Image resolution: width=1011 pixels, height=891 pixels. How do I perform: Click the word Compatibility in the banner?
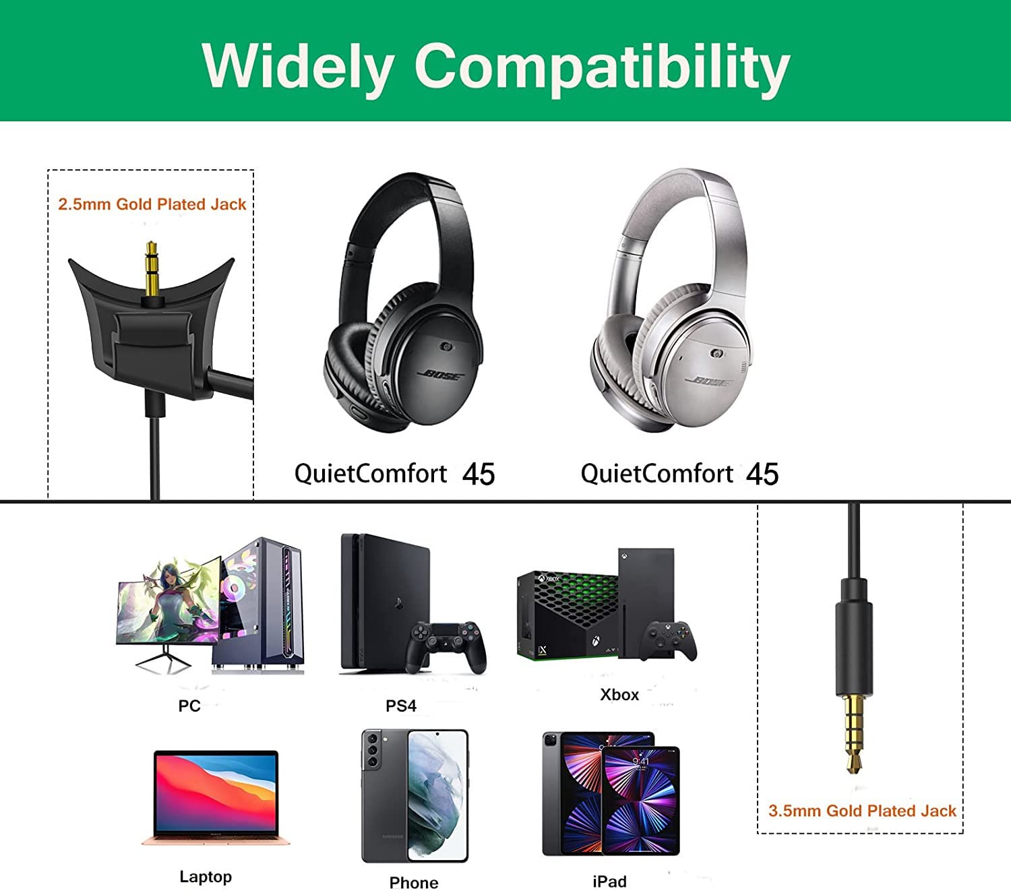tap(603, 68)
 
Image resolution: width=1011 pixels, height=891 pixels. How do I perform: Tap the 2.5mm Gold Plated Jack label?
tap(152, 204)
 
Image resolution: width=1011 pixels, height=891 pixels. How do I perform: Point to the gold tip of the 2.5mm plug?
tap(151, 245)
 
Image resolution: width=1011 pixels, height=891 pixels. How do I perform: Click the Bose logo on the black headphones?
tap(441, 375)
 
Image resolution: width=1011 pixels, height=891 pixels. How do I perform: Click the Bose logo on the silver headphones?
tap(710, 382)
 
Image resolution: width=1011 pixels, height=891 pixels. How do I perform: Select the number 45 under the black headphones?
tap(479, 474)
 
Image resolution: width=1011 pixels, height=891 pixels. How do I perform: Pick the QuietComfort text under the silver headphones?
tap(656, 473)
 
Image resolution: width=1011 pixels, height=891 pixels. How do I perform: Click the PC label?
tap(189, 706)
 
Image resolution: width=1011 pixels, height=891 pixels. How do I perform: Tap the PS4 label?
tap(401, 706)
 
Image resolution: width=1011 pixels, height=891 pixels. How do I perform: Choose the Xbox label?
tap(619, 695)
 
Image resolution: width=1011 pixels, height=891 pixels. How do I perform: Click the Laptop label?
tap(206, 877)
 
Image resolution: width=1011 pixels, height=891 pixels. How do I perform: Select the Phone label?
tap(414, 882)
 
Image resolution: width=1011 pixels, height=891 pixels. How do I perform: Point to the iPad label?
tap(609, 882)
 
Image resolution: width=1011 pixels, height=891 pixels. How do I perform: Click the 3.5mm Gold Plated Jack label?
tap(862, 811)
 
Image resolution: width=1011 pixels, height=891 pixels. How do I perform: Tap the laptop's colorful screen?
tap(216, 793)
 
